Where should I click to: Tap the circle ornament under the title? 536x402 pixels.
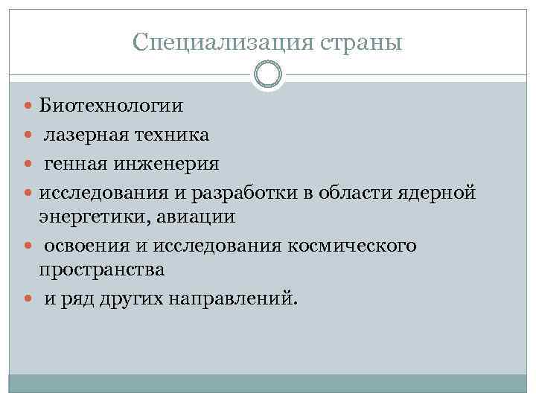268,75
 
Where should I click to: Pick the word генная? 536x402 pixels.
76,162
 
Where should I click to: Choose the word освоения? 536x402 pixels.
85,246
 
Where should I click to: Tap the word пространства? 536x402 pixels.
102,270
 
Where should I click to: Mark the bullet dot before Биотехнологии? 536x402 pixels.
28,106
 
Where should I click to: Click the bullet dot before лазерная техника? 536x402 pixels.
28,135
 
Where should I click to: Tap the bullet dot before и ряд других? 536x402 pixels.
28,299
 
